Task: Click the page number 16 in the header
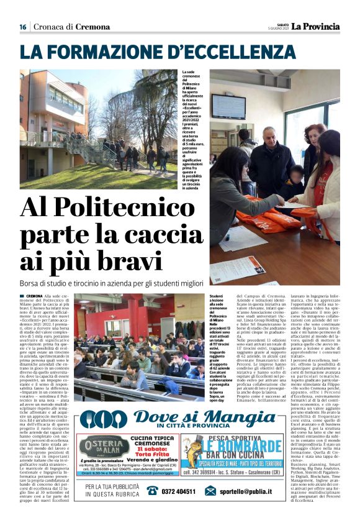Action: (x=23, y=27)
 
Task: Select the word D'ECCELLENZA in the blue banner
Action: (x=226, y=51)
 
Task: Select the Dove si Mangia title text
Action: (x=196, y=418)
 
